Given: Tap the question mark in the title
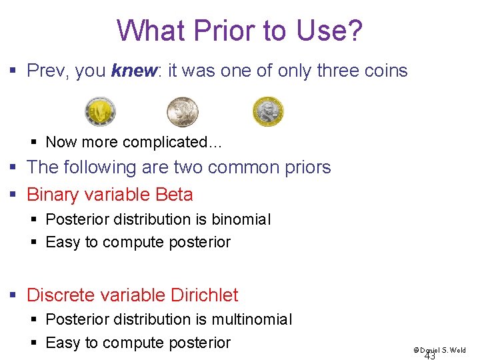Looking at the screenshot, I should point(355,30).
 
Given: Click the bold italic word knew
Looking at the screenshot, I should point(133,71).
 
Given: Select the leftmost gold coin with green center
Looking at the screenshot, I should point(100,111).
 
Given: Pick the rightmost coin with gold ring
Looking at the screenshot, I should point(268,111).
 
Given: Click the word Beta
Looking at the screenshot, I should point(174,195).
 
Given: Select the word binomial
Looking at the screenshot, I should point(239,219).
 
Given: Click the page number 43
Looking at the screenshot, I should point(430,356).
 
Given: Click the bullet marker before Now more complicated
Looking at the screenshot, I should point(35,142).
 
